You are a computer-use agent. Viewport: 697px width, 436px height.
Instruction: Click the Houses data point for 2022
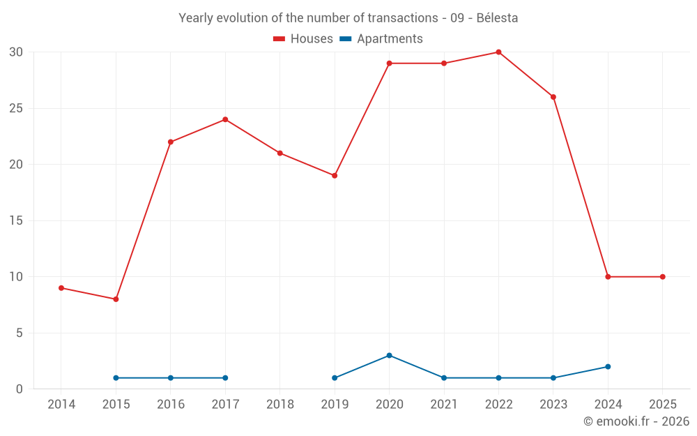point(498,52)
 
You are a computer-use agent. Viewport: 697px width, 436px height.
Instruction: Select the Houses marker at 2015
point(116,299)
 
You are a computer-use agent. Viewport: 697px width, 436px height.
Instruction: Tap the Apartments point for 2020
point(389,355)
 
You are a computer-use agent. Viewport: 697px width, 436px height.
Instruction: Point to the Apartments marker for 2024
point(608,367)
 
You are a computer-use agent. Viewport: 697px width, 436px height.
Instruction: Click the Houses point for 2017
point(225,119)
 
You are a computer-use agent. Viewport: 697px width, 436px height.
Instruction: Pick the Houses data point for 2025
point(662,277)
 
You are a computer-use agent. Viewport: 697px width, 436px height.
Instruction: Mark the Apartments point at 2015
point(116,378)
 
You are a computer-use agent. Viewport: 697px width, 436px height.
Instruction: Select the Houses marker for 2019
point(335,176)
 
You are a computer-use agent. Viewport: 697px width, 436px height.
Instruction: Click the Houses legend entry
point(303,39)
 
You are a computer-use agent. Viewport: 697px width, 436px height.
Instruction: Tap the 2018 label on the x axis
point(279,405)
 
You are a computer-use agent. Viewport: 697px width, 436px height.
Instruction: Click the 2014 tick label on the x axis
point(61,405)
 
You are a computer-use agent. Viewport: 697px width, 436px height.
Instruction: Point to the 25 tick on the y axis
point(16,108)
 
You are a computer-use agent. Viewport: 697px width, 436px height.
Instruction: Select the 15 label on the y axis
point(16,220)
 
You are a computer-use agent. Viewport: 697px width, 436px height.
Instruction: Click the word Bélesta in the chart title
point(497,18)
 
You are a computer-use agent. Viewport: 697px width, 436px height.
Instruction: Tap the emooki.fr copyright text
point(636,421)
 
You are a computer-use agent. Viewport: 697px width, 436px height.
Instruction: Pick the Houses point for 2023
point(553,97)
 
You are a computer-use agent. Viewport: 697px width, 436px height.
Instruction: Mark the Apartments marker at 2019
point(335,378)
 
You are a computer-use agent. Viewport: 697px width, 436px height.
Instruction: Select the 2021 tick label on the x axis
point(444,405)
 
